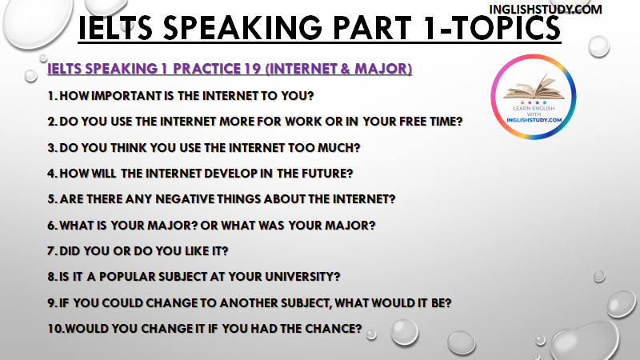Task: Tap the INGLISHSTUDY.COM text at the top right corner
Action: point(546,10)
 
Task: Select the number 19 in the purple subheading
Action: point(253,69)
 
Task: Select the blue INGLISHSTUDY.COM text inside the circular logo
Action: point(534,120)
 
